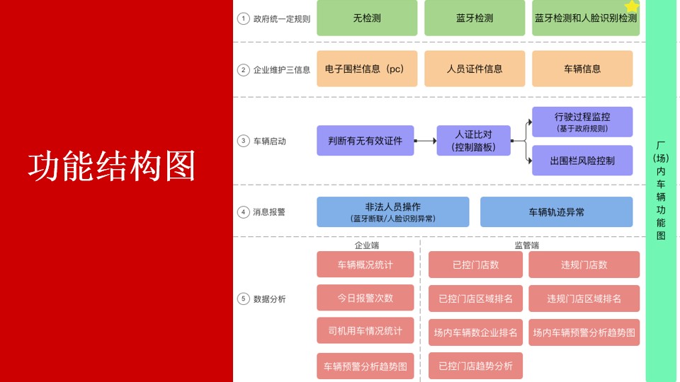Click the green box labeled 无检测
pos(367,18)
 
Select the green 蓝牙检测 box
pos(475,18)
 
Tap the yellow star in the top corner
pos(632,6)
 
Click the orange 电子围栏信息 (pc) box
pos(367,69)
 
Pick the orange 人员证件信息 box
pos(475,69)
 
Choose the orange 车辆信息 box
pos(582,69)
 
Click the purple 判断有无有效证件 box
pos(365,141)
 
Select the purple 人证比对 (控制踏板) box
pos(473,141)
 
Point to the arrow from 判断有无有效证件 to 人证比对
pos(426,141)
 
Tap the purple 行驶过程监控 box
pos(582,122)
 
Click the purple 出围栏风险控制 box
pos(582,161)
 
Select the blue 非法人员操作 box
pos(392,212)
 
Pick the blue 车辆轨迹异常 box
pos(556,212)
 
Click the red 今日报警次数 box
pos(365,298)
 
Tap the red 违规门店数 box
pos(584,265)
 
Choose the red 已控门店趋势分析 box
pos(475,366)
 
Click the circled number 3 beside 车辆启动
pos(243,141)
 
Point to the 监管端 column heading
pos(526,245)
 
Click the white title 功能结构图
pos(111,166)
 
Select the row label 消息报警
pos(269,212)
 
